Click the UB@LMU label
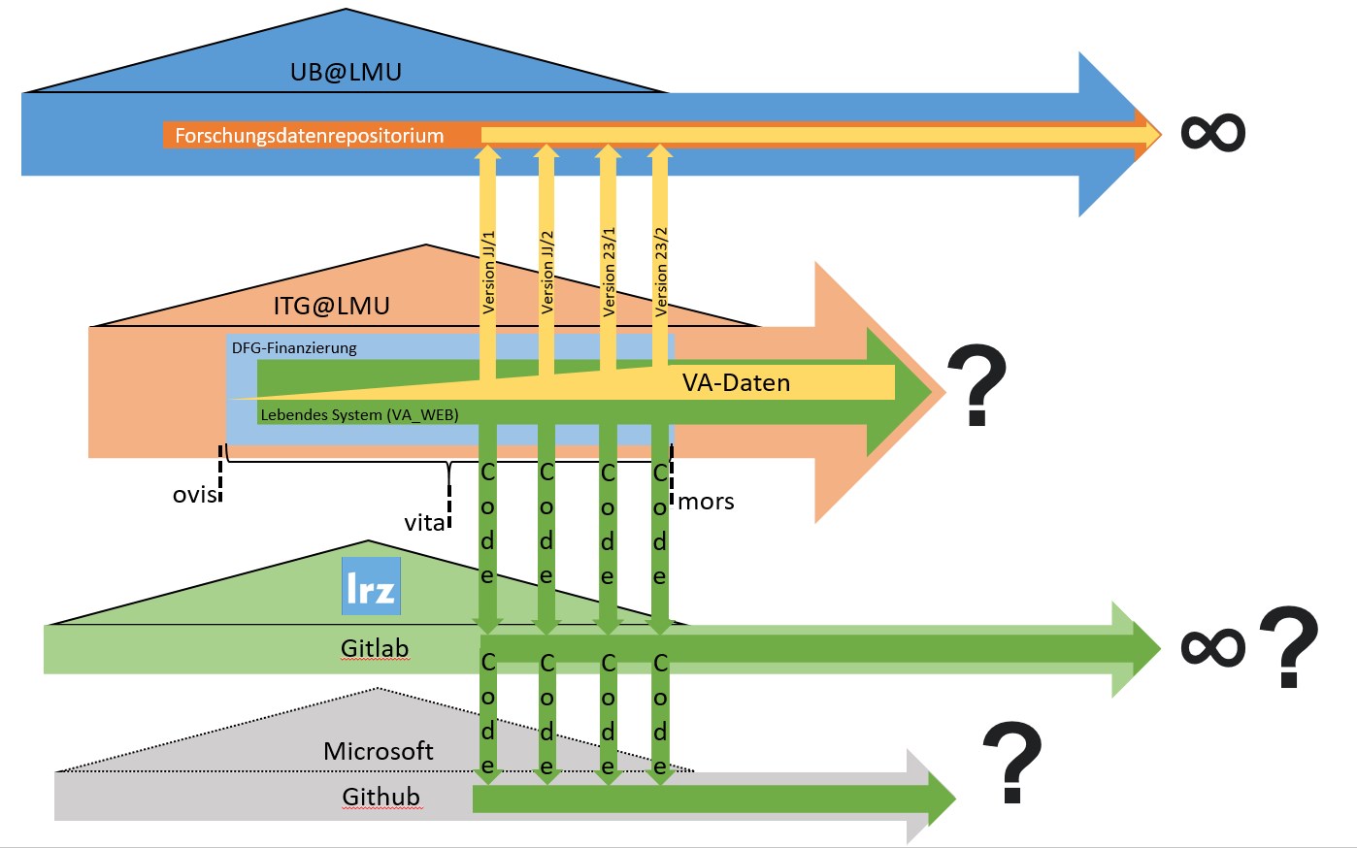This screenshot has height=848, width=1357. pos(346,72)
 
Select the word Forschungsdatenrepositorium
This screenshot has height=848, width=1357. pos(310,136)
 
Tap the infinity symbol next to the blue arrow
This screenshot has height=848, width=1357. pos(1212,132)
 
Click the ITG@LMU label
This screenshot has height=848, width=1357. pos(331,306)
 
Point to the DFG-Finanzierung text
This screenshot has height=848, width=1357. pos(294,348)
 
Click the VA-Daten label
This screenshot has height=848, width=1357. pos(736,383)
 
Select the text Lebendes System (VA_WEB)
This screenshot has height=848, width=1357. pos(359,415)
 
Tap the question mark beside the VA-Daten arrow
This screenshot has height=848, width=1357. pos(976,384)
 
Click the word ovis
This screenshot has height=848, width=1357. pos(195,495)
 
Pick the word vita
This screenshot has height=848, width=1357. pos(424,523)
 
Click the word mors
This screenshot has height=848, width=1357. pos(706,503)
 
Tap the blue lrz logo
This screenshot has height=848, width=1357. pos(372,586)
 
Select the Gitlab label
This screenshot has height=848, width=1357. pos(375,649)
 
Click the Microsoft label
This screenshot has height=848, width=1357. pos(378,752)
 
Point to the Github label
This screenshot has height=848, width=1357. pos(381,798)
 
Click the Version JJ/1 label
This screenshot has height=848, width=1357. pos(488,273)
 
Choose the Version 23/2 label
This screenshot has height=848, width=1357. pos(661,272)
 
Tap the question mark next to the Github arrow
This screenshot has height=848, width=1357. pos(1011,762)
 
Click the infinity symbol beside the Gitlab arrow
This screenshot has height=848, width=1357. pos(1212,646)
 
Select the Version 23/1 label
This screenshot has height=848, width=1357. pos(609,272)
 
